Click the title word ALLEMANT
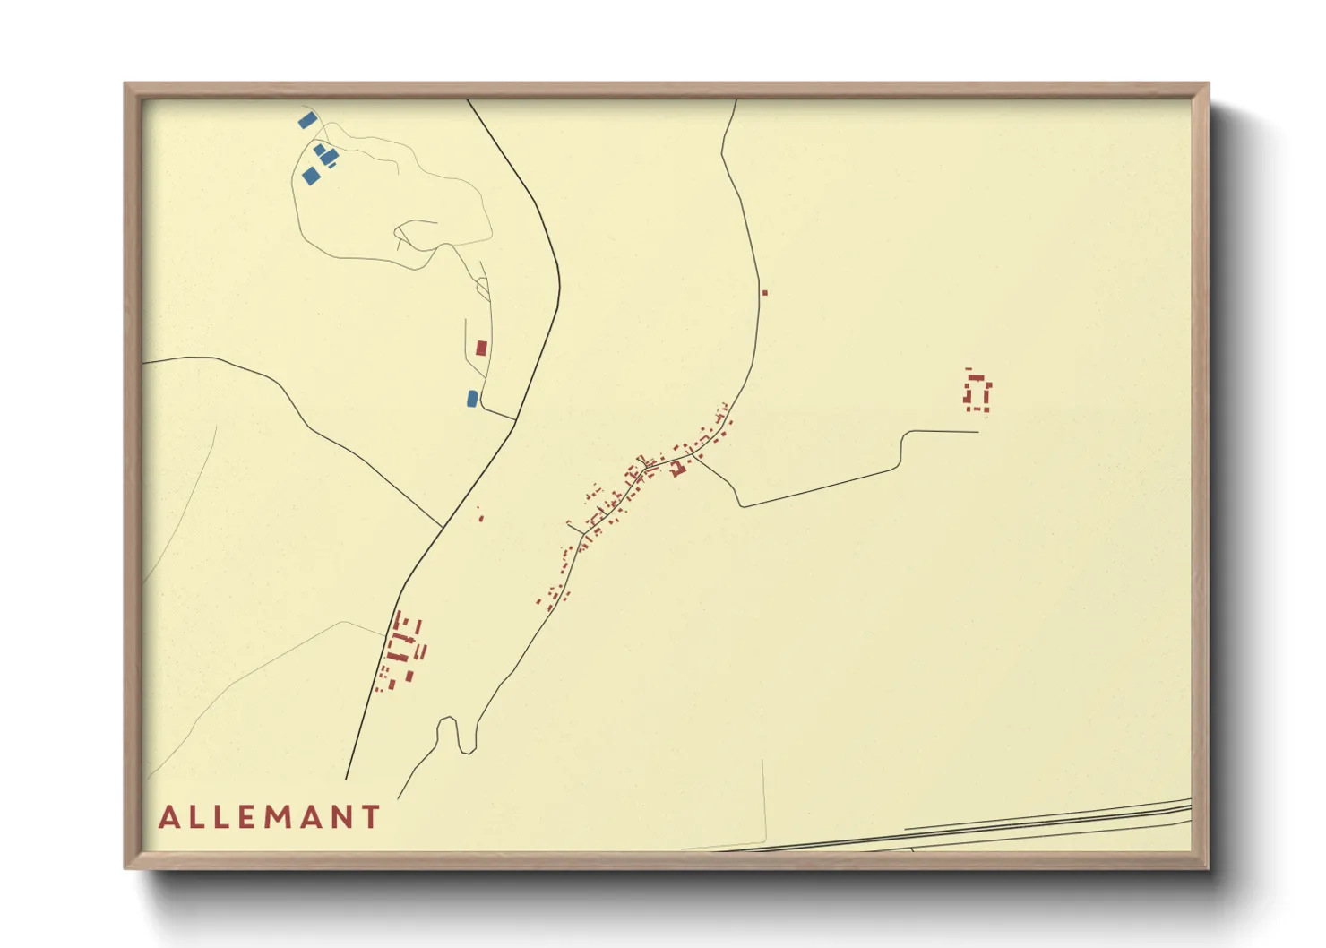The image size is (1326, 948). coord(270,817)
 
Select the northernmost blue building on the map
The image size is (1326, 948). coord(306,120)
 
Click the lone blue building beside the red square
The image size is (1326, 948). coord(472,398)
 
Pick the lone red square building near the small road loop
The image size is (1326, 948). coord(481,348)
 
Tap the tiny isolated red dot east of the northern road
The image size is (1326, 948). coord(764,293)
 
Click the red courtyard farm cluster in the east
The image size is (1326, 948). coord(977,393)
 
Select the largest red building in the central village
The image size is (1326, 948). coord(678,468)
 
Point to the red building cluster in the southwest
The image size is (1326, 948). coord(401,650)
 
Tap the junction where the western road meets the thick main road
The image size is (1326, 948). coord(443,526)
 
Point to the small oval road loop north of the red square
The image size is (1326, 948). coord(484,288)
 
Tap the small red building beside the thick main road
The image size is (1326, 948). coord(481,517)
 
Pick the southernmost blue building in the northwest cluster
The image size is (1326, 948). coord(310,176)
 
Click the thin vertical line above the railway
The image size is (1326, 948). coord(764,797)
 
